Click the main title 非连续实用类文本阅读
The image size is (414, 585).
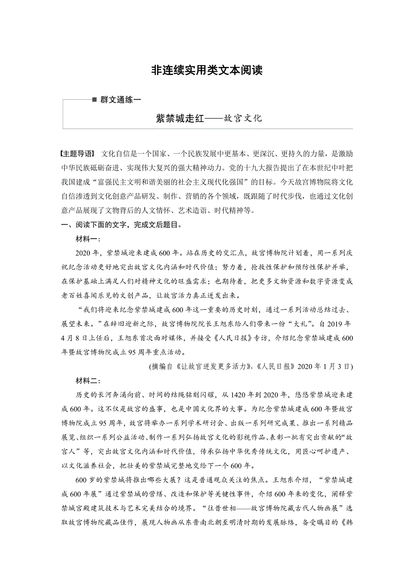point(207,71)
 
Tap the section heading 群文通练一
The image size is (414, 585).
point(118,100)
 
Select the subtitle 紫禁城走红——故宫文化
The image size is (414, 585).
point(208,119)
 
